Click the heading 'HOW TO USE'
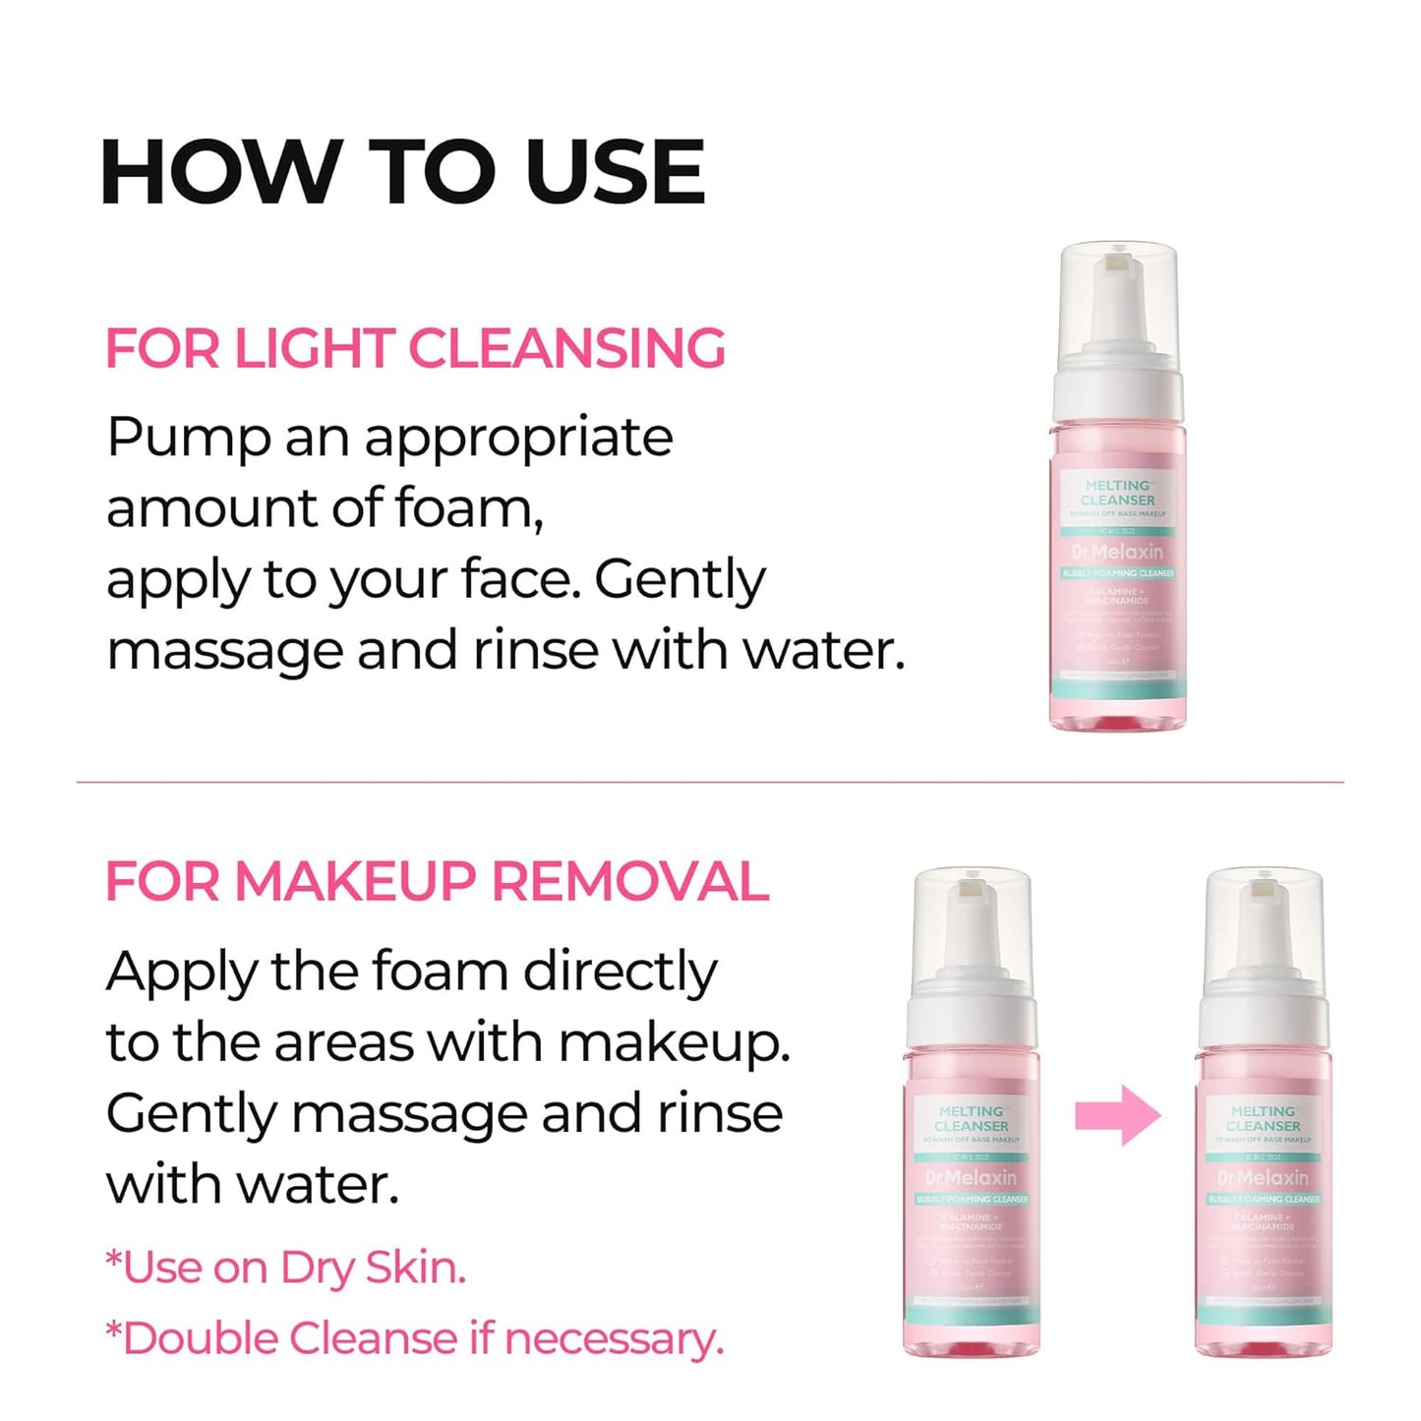[x=402, y=172]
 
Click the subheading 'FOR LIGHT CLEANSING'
[x=415, y=348]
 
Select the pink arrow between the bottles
[x=1118, y=1115]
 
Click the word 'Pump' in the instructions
[x=188, y=439]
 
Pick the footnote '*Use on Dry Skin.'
[x=285, y=1268]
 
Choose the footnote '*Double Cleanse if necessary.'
[x=414, y=1338]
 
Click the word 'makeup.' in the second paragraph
[x=675, y=1042]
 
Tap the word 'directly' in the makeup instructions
[x=620, y=972]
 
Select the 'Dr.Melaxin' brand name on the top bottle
[x=1117, y=552]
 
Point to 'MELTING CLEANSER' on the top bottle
[x=1118, y=493]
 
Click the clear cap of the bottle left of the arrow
[x=972, y=924]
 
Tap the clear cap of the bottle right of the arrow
[x=1264, y=924]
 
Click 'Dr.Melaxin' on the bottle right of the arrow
[x=1263, y=1177]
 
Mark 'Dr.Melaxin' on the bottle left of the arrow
[x=971, y=1177]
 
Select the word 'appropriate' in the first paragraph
[x=518, y=439]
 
